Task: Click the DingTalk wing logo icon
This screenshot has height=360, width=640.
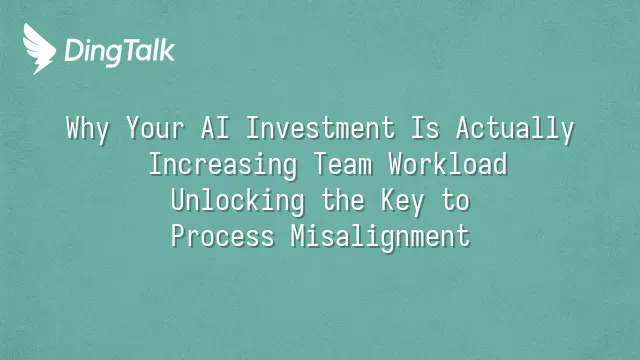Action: [39, 49]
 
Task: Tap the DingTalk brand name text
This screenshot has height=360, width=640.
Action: [120, 51]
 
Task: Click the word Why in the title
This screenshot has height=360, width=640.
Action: [88, 129]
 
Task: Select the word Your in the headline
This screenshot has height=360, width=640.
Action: [155, 128]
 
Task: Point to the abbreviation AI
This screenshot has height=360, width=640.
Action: [215, 128]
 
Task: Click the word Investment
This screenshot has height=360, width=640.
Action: [321, 128]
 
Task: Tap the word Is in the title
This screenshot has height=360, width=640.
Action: [425, 128]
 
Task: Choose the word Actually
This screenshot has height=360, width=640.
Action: [515, 129]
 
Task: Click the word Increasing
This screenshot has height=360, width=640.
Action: [223, 165]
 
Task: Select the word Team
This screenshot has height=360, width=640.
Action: [343, 164]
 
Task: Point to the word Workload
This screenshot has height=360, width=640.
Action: [448, 164]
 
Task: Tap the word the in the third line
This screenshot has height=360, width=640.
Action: [343, 200]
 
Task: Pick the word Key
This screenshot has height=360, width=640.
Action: [402, 202]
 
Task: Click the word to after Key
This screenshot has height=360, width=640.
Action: [456, 201]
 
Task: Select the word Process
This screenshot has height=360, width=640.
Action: [223, 236]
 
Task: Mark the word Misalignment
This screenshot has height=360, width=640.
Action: [380, 238]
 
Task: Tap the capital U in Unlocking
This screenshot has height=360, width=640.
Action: [179, 200]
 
